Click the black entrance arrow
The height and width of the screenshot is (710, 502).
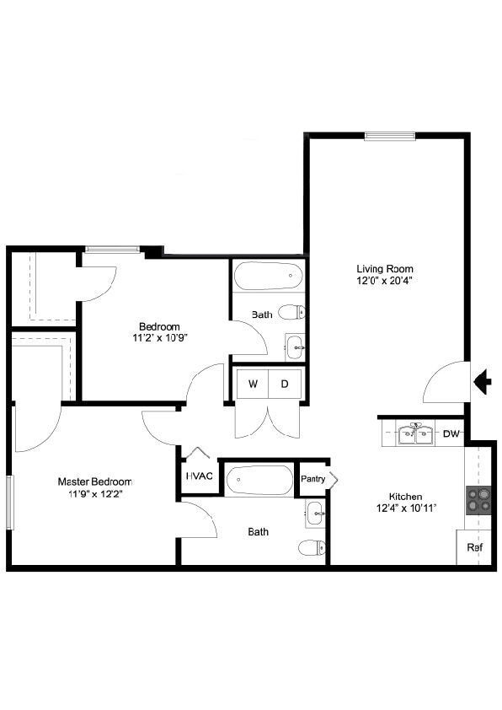pyautogui.click(x=483, y=382)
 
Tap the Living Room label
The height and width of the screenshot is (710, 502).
pyautogui.click(x=385, y=269)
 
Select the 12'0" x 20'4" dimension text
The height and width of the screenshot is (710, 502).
pyautogui.click(x=385, y=281)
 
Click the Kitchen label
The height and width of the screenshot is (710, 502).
pyautogui.click(x=405, y=497)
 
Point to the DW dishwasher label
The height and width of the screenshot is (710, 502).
pyautogui.click(x=451, y=434)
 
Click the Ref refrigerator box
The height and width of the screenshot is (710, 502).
pyautogui.click(x=475, y=547)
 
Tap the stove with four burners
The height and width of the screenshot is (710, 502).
pyautogui.click(x=478, y=500)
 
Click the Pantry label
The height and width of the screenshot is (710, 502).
pyautogui.click(x=313, y=479)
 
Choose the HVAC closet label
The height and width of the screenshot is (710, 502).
pyautogui.click(x=200, y=476)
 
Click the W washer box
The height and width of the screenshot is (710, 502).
pyautogui.click(x=253, y=385)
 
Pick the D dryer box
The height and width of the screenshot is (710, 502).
pyautogui.click(x=285, y=385)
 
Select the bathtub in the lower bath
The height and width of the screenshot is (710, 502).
pyautogui.click(x=259, y=480)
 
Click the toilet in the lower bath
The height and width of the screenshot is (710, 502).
pyautogui.click(x=312, y=548)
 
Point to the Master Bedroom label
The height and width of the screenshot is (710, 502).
pyautogui.click(x=94, y=481)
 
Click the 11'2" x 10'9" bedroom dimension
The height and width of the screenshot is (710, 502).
pyautogui.click(x=159, y=338)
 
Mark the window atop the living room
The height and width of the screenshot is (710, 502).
pyautogui.click(x=389, y=136)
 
